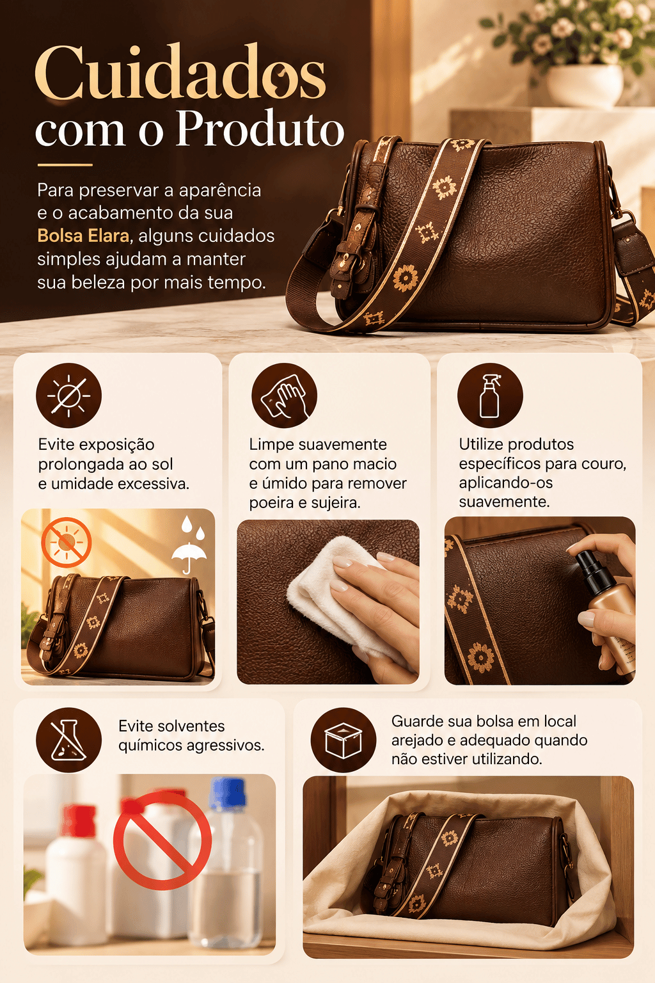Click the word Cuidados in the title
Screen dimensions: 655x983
click(180, 72)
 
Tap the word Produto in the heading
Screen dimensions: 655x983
click(260, 129)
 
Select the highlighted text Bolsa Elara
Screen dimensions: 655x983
click(83, 236)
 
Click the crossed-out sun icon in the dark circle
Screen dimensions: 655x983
click(68, 396)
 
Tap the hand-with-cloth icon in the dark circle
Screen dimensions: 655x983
click(284, 396)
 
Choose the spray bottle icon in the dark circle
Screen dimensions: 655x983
click(490, 396)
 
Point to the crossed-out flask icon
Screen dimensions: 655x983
click(68, 740)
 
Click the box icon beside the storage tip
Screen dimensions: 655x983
click(343, 740)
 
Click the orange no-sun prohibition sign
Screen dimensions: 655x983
click(67, 542)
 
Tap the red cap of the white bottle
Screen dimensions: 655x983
click(78, 820)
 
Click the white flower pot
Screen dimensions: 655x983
click(585, 85)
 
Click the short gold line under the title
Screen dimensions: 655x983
click(65, 165)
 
